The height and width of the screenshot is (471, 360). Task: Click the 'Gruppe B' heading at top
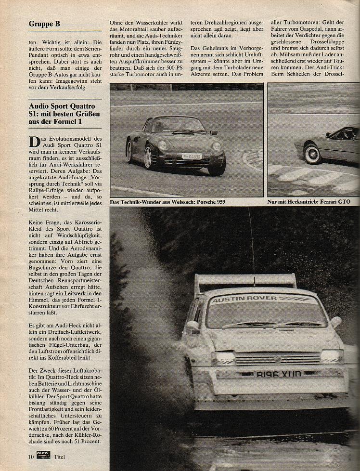click(x=44, y=24)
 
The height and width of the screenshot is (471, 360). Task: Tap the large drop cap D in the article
click(x=35, y=142)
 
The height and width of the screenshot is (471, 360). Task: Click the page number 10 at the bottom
click(x=31, y=456)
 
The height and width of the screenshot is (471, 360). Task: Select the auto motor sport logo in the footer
click(x=43, y=455)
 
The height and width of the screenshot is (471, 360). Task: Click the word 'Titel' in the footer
click(x=59, y=456)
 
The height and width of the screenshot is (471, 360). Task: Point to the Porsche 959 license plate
click(x=191, y=156)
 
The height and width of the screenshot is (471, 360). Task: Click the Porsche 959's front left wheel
click(x=149, y=157)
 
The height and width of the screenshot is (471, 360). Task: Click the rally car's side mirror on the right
click(x=336, y=322)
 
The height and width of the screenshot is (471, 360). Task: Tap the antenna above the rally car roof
click(x=251, y=241)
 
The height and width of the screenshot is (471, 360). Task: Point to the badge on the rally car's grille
click(x=278, y=359)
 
